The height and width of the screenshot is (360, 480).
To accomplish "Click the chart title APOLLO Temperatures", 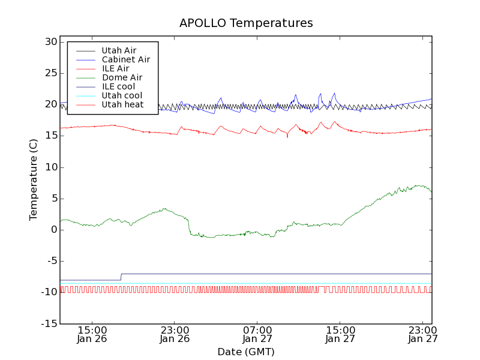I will [x=246, y=23].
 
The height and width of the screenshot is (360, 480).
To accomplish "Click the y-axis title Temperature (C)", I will [x=34, y=180].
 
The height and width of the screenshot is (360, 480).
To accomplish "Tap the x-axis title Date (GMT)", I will [x=246, y=352].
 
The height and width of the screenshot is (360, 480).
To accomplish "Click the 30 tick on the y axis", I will [x=50, y=42].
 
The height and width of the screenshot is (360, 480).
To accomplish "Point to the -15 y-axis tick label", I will [x=48, y=323].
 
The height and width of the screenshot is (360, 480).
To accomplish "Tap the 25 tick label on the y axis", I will [x=50, y=73].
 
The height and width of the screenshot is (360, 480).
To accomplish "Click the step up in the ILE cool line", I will [x=121, y=277].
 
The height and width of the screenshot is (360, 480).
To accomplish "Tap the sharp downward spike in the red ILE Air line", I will [x=287, y=137].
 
